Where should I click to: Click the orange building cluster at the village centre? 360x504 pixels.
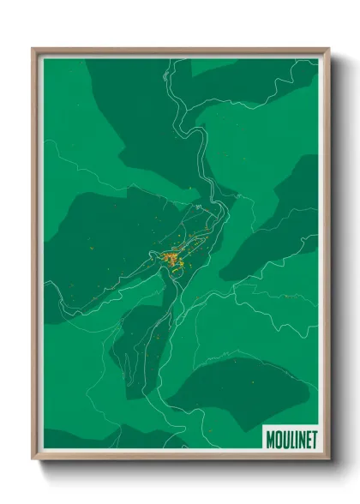tap(170, 256)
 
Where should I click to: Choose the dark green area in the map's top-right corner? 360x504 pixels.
tap(274, 73)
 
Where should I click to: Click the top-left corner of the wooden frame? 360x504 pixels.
tap(33, 49)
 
